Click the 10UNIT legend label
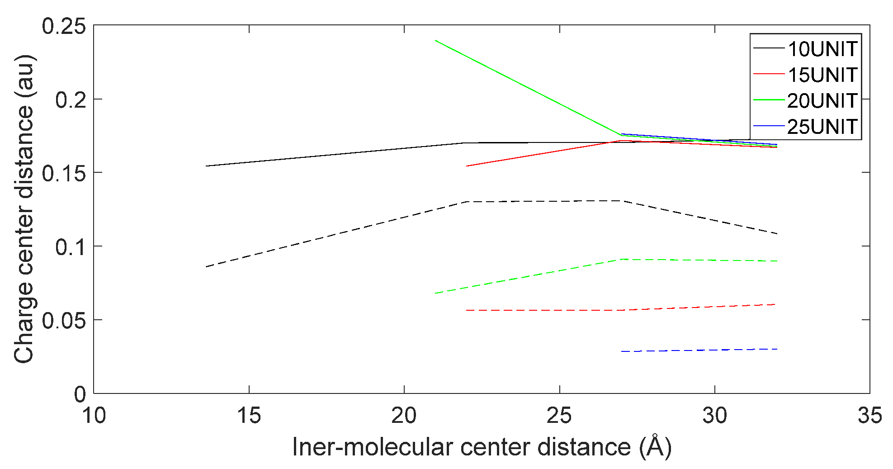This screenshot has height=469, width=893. pyautogui.click(x=822, y=49)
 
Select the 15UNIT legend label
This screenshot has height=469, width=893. pyautogui.click(x=822, y=75)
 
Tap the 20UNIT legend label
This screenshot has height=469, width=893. pyautogui.click(x=822, y=100)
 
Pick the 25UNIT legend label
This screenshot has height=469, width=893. pyautogui.click(x=822, y=127)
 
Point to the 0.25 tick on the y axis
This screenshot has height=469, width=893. pyautogui.click(x=63, y=26)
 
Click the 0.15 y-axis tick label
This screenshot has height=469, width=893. pyautogui.click(x=63, y=173)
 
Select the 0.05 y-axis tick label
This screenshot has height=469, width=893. pyautogui.click(x=63, y=321)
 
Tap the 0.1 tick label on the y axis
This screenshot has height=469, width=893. pyautogui.click(x=70, y=247)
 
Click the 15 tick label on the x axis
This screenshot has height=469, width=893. pyautogui.click(x=249, y=415)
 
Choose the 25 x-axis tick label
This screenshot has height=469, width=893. pyautogui.click(x=559, y=415)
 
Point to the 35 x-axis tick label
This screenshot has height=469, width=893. pyautogui.click(x=869, y=415)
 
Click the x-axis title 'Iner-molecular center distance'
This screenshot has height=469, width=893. pyautogui.click(x=482, y=447)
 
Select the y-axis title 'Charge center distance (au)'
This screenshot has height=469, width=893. pyautogui.click(x=24, y=209)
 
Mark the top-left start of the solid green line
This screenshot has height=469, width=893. pyautogui.click(x=435, y=40)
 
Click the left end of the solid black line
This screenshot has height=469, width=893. pyautogui.click(x=206, y=166)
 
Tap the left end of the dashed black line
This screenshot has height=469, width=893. pyautogui.click(x=206, y=267)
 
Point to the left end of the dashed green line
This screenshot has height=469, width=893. pyautogui.click(x=435, y=294)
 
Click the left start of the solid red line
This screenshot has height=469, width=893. pyautogui.click(x=467, y=166)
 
